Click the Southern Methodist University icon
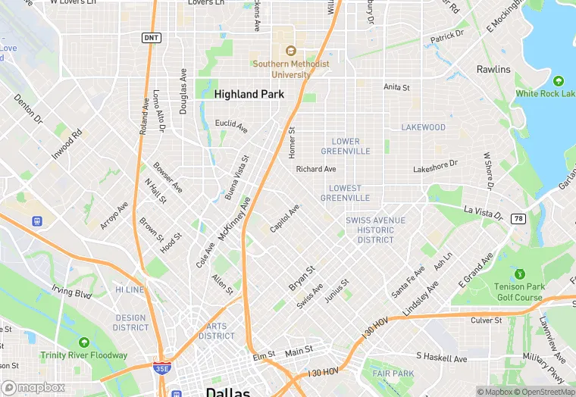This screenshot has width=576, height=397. pyautogui.click(x=290, y=51)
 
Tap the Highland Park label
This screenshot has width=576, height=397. pyautogui.click(x=249, y=95)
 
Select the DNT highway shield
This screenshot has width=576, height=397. pyautogui.click(x=152, y=37)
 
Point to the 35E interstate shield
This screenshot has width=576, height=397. pyautogui.click(x=161, y=367)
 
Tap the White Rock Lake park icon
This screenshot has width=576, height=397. pyautogui.click(x=559, y=80)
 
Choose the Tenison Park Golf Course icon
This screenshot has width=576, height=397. pyautogui.click(x=519, y=274)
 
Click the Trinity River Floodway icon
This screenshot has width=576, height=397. pyautogui.click(x=83, y=342)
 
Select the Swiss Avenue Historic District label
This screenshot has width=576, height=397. pyautogui.click(x=370, y=230)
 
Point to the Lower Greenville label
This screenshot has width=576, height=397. pyautogui.click(x=351, y=146)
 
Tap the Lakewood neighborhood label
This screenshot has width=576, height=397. pyautogui.click(x=424, y=127)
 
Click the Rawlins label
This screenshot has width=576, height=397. pyautogui.click(x=493, y=70)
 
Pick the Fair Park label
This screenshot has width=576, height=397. pyautogui.click(x=393, y=374)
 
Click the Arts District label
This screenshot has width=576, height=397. pyautogui.click(x=217, y=331)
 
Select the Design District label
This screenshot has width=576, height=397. pyautogui.click(x=130, y=323)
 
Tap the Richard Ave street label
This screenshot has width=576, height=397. pyautogui.click(x=316, y=169)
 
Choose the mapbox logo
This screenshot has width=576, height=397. pyautogui.click(x=33, y=387)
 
